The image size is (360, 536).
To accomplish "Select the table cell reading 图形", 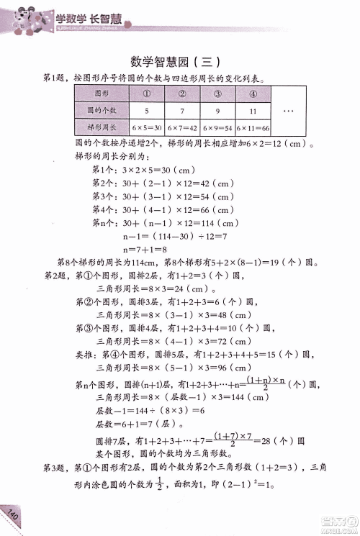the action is click(x=102, y=94).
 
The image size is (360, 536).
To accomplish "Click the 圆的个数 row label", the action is click(x=102, y=111).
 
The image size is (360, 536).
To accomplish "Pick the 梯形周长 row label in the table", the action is click(x=102, y=128).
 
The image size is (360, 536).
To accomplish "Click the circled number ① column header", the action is click(x=147, y=94).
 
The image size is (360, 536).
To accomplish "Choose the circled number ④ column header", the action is click(x=252, y=94).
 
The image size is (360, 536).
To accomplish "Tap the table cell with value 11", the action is click(x=252, y=111).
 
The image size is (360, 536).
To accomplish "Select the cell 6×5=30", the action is click(x=147, y=128).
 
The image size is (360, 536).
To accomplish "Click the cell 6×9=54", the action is click(x=217, y=128).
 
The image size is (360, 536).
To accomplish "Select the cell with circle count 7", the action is click(x=182, y=111).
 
